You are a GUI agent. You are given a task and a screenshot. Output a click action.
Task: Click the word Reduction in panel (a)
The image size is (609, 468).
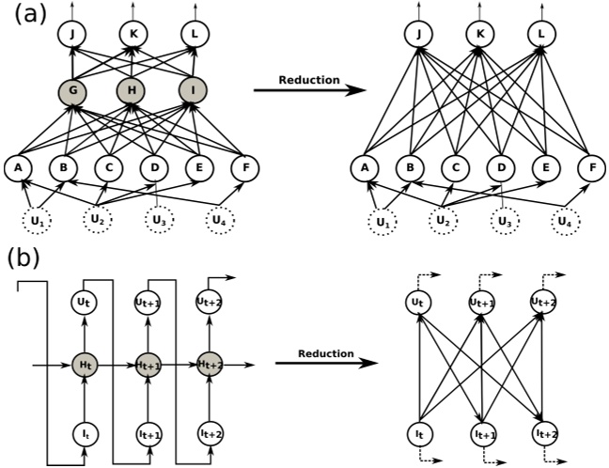[309, 80]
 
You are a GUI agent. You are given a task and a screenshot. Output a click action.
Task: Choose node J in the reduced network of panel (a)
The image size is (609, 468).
[418, 35]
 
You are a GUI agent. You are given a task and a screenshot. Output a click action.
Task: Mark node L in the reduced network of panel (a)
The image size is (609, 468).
[541, 35]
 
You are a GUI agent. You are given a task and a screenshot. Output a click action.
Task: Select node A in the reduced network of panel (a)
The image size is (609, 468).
[363, 169]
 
